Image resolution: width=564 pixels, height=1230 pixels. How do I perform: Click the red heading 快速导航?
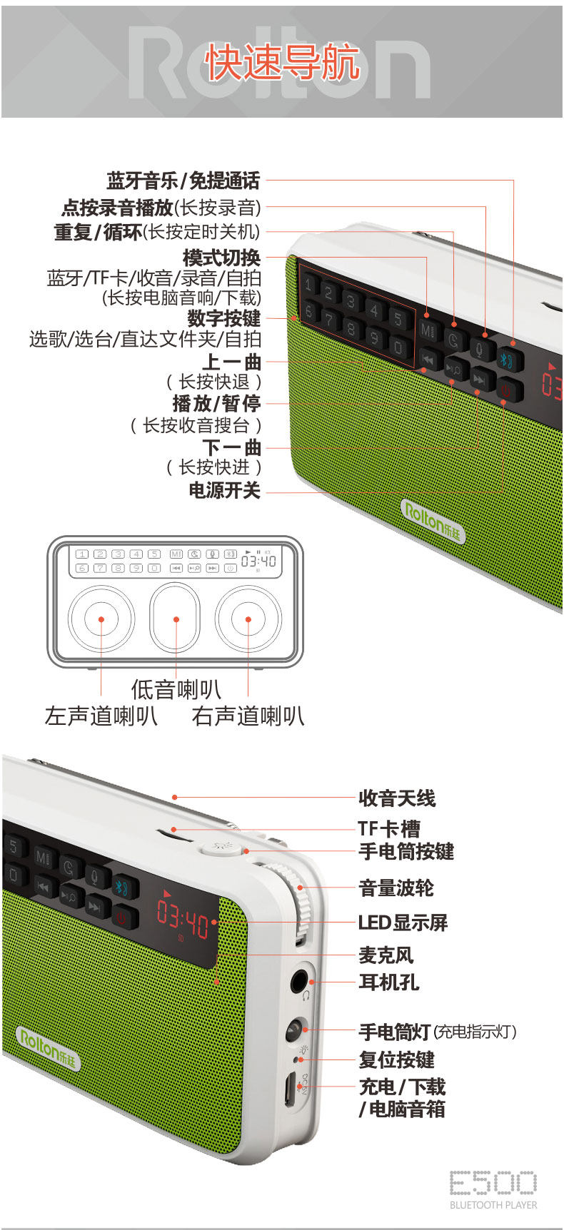tap(282, 63)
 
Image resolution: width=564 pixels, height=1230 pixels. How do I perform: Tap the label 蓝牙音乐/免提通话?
tap(183, 181)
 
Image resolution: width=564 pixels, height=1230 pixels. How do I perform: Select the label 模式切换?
tap(222, 258)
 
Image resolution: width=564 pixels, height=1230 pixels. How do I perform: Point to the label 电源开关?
tap(224, 490)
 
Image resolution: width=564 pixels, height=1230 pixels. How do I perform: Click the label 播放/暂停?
tap(216, 404)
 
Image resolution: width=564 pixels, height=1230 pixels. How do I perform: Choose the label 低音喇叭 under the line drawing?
tap(176, 689)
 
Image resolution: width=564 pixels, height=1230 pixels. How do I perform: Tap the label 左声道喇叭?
tap(101, 716)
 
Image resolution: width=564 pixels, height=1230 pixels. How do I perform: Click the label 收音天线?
tap(396, 798)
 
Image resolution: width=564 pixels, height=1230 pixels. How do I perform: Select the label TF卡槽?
tap(389, 828)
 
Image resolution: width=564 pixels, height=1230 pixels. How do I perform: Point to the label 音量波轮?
tap(396, 888)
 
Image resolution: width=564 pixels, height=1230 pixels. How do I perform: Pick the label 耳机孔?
tap(388, 982)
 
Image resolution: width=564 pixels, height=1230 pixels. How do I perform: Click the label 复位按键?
tap(396, 1060)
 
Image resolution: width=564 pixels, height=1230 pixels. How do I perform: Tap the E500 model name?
tap(493, 1182)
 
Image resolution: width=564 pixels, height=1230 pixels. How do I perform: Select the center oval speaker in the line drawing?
tap(176, 619)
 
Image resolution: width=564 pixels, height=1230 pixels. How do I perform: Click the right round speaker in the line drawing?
tap(248, 619)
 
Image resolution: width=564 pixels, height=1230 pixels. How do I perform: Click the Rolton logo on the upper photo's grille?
tap(433, 522)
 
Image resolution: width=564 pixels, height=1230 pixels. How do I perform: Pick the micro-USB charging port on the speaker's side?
tap(291, 1089)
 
